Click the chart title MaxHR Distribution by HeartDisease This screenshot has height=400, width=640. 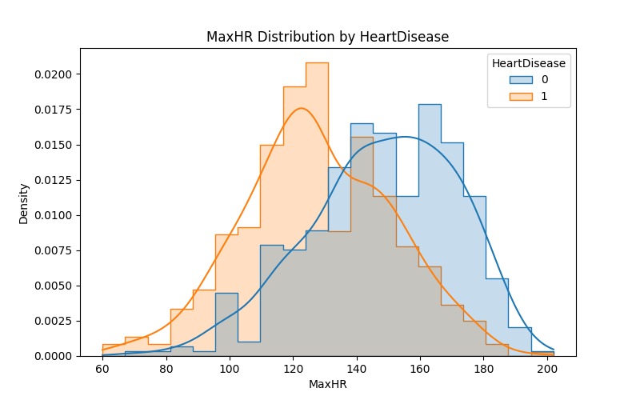[328, 37]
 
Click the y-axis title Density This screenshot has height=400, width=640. [25, 202]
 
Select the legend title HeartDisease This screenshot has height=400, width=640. [529, 63]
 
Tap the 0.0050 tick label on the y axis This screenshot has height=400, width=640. [54, 286]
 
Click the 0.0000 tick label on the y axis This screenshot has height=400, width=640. [54, 356]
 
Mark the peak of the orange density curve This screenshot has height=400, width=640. [301, 108]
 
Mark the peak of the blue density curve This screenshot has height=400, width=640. [406, 137]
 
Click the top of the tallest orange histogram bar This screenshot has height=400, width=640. [317, 62]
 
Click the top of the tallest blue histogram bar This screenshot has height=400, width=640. [430, 104]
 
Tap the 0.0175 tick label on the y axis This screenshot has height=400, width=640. [54, 110]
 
